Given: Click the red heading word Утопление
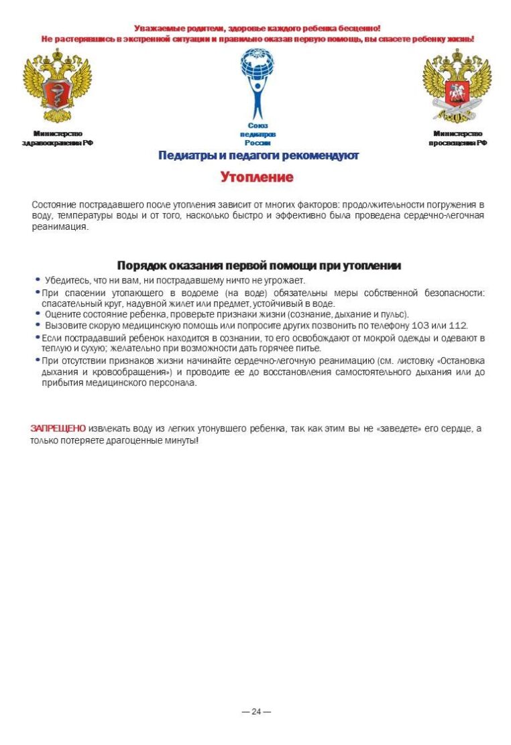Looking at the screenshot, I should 257,178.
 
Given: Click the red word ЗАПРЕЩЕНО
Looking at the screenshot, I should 58,428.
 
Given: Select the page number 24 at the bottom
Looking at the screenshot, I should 256,712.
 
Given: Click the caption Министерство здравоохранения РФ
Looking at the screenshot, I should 57,138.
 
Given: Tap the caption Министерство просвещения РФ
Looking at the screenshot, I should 457,138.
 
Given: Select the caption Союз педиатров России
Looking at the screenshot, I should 258,134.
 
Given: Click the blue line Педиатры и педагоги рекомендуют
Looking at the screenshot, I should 258,156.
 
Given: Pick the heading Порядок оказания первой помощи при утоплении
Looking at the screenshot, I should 259,265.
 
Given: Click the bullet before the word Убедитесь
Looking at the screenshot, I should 38,279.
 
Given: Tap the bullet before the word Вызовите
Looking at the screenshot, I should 38,325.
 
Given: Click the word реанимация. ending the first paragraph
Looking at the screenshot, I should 60,226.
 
